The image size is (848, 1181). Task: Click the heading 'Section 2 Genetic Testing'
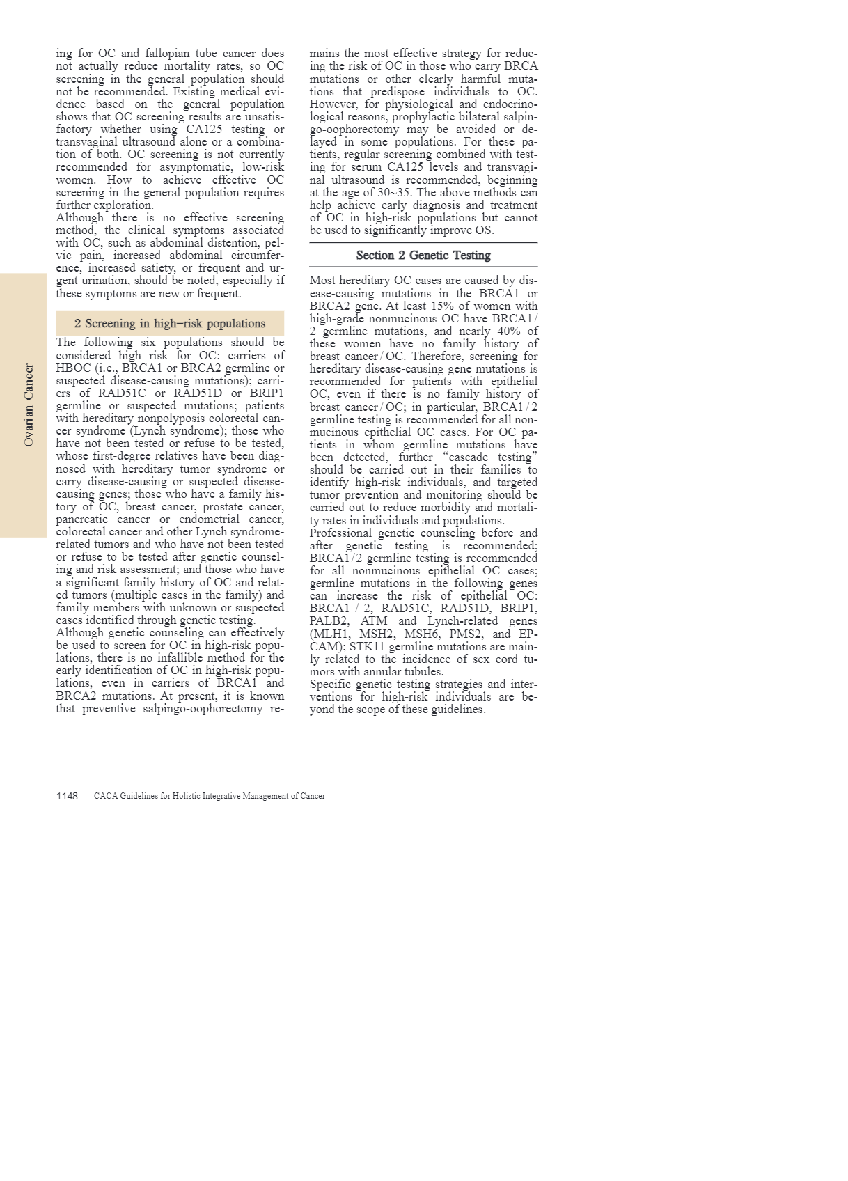click(423, 256)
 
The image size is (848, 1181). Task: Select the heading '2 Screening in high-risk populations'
click(170, 324)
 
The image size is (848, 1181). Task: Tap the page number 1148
click(67, 796)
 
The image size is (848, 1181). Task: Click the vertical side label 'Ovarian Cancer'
click(29, 405)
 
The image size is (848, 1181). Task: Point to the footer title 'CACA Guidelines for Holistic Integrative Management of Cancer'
click(209, 796)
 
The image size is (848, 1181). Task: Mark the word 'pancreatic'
click(81, 519)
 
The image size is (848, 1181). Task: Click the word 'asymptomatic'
click(196, 167)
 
